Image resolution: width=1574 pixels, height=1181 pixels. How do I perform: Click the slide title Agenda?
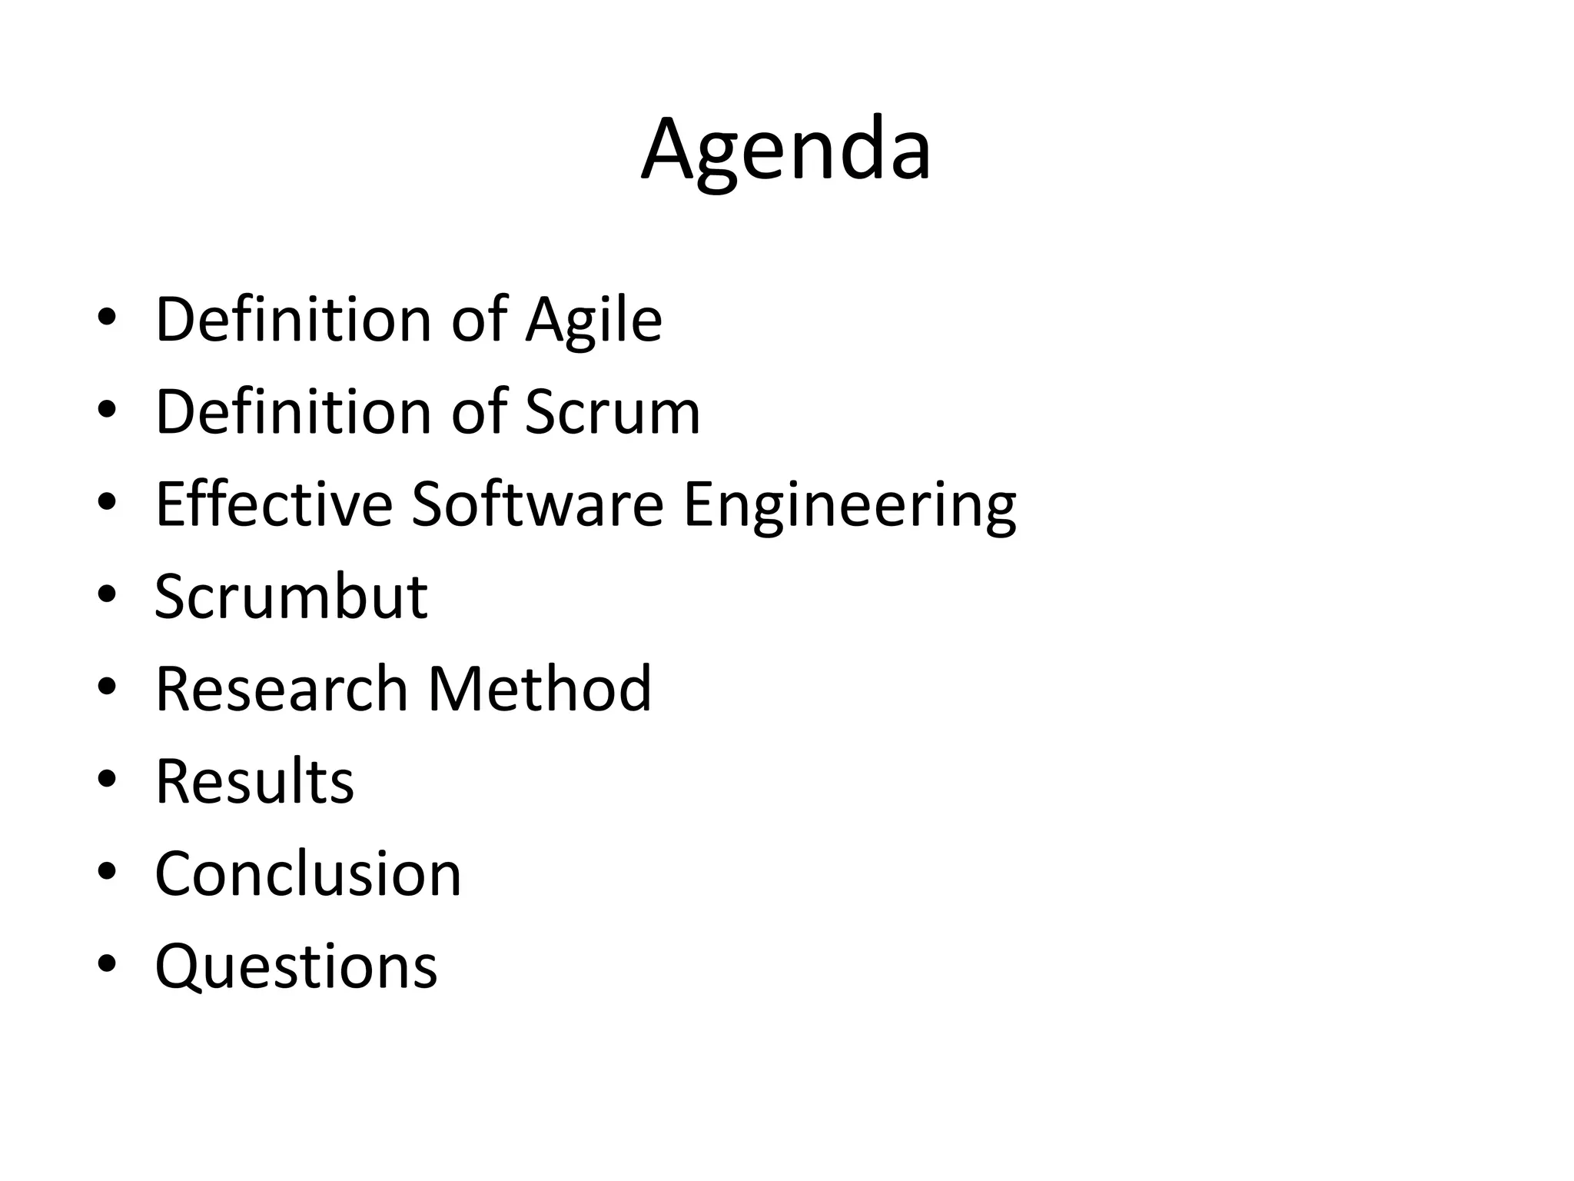(786, 150)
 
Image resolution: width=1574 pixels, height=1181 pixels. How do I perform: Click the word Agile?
(593, 320)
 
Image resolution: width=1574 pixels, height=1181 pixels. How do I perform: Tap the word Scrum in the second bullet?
(613, 412)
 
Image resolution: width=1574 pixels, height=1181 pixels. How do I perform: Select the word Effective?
(274, 504)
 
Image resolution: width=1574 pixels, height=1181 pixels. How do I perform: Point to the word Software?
(537, 504)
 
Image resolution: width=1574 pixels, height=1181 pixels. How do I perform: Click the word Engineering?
(849, 506)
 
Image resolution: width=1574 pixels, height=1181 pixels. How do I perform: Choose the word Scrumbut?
(291, 597)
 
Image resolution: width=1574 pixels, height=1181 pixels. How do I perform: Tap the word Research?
(281, 689)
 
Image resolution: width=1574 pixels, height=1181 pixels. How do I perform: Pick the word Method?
(540, 689)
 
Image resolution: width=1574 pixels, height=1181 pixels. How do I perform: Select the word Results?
(254, 782)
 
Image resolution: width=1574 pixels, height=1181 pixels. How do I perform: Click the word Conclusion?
(308, 874)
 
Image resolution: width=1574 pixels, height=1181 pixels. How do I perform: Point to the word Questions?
(296, 967)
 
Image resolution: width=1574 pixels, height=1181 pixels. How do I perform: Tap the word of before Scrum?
(479, 412)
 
